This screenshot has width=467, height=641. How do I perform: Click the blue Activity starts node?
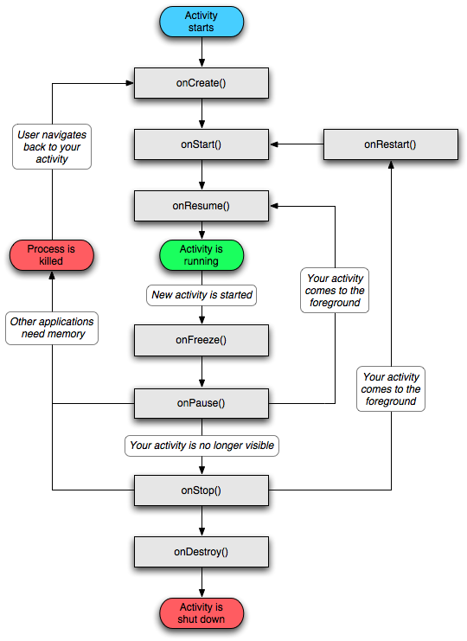(202, 22)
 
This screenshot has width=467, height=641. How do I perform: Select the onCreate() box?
(202, 83)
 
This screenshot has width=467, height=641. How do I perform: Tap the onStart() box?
(202, 144)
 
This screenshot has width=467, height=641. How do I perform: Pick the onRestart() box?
(390, 144)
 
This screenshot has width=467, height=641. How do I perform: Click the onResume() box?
(202, 206)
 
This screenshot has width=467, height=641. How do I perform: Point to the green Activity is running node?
(202, 255)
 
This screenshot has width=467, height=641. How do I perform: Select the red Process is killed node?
(51, 255)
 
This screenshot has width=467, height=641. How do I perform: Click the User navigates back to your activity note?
(52, 147)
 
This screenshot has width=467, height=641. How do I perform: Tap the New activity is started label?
(202, 295)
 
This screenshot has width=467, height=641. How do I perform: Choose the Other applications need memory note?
(52, 328)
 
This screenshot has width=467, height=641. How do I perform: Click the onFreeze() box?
(202, 340)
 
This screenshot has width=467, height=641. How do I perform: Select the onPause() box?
(202, 403)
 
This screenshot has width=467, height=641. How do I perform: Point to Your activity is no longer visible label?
(202, 445)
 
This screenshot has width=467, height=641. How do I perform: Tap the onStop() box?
(202, 490)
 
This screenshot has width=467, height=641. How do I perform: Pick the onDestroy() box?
(202, 552)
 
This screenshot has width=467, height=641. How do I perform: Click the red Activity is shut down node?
(202, 613)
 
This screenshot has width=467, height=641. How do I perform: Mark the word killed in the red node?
(51, 261)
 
